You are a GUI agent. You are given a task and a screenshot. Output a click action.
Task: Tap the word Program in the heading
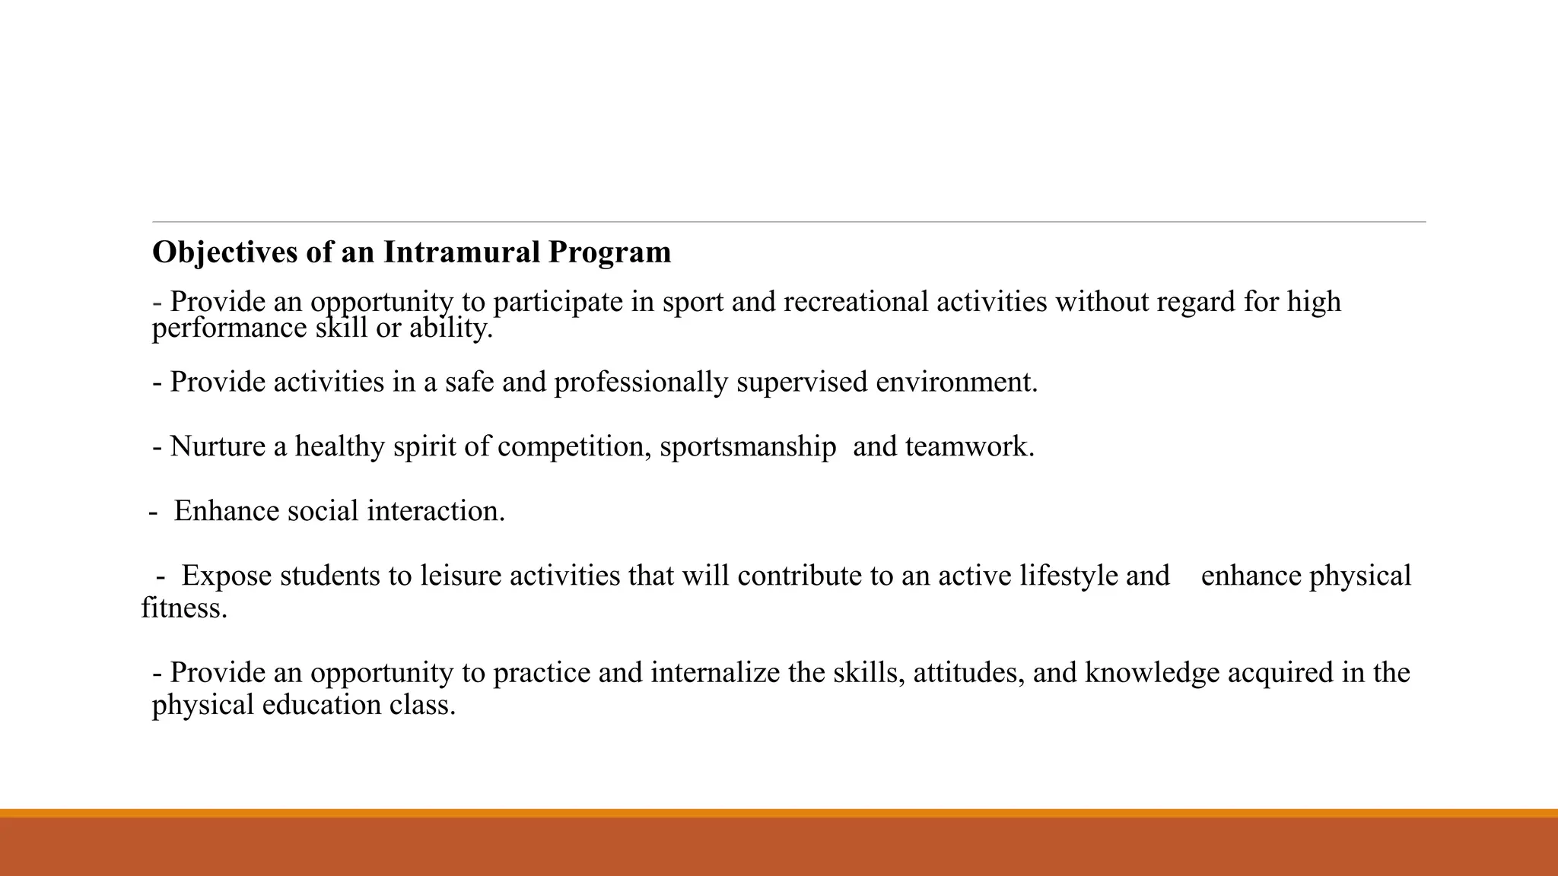[x=609, y=252]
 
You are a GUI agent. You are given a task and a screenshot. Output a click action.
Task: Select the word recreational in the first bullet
[x=856, y=302]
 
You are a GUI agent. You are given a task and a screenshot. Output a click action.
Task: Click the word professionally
[x=641, y=382]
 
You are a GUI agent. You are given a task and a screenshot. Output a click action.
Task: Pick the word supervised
[x=801, y=382]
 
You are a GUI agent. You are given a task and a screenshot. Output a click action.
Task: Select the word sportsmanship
[x=748, y=446]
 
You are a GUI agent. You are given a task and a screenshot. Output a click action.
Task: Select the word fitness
[x=183, y=608]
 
